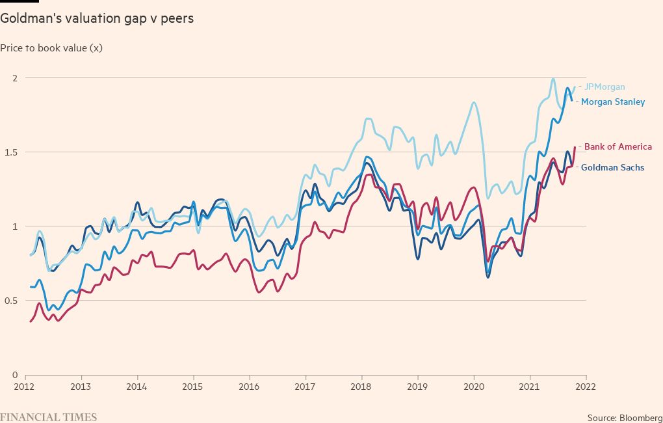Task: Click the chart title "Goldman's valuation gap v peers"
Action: click(97, 18)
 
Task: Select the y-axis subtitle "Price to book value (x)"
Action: click(51, 48)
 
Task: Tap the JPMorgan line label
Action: click(604, 87)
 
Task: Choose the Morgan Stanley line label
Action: click(613, 102)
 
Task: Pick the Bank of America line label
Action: click(617, 146)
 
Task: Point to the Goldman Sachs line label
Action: click(612, 167)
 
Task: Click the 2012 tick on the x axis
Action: click(25, 386)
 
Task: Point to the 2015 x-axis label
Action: click(193, 386)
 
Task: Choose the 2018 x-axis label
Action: click(361, 386)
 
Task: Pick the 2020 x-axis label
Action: click(474, 386)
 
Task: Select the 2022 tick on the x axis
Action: click(586, 386)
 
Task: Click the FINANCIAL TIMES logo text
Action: click(48, 416)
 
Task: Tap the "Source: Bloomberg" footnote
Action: click(623, 416)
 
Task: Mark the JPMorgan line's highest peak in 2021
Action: click(553, 79)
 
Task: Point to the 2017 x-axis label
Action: click(305, 386)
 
